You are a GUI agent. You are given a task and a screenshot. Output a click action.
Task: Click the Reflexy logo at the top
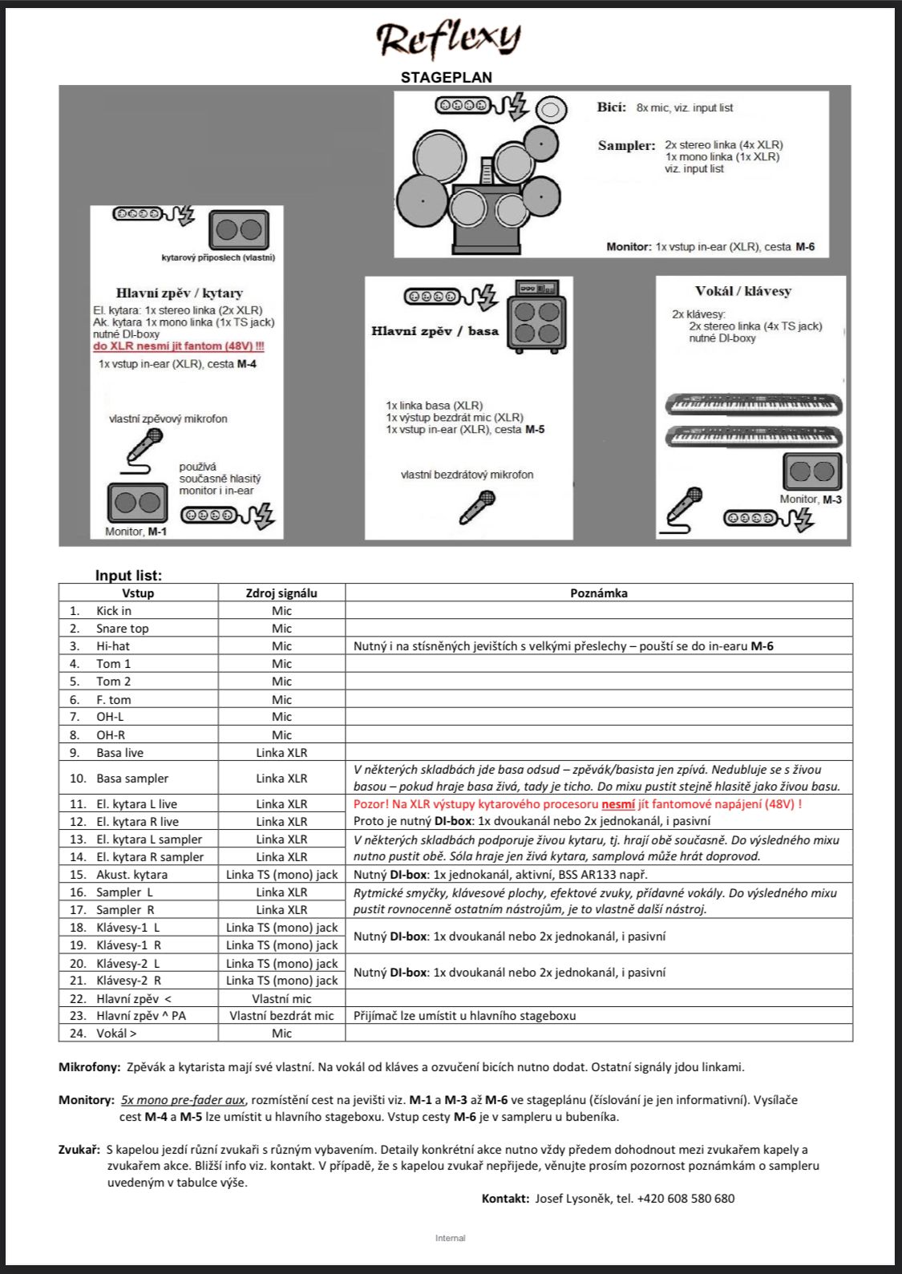pyautogui.click(x=448, y=38)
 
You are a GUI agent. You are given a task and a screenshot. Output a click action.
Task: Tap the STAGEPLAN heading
pyautogui.click(x=447, y=77)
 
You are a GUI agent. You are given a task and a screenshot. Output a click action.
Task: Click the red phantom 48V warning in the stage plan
pyautogui.click(x=178, y=346)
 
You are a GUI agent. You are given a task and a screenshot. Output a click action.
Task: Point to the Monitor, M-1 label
pyautogui.click(x=136, y=532)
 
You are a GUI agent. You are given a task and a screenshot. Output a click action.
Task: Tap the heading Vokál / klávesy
pyautogui.click(x=742, y=291)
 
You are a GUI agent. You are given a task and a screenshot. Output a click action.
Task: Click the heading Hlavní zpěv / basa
pyautogui.click(x=435, y=330)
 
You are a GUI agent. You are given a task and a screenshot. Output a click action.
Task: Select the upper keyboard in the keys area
pyautogui.click(x=754, y=404)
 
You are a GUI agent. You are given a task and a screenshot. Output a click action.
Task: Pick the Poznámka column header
pyautogui.click(x=598, y=593)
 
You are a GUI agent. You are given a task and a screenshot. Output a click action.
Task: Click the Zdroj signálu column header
pyautogui.click(x=281, y=593)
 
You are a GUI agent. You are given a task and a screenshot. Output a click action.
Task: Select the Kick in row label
pyautogui.click(x=113, y=611)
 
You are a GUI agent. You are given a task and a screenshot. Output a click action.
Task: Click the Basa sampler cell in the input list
pyautogui.click(x=132, y=779)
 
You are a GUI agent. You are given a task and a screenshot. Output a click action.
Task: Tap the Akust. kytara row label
pyautogui.click(x=131, y=875)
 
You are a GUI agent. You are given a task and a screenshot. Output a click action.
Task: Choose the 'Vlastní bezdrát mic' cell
pyautogui.click(x=281, y=1016)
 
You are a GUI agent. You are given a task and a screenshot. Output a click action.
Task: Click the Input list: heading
pyautogui.click(x=128, y=576)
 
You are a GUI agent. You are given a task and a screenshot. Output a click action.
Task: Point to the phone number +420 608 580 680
pyautogui.click(x=686, y=1199)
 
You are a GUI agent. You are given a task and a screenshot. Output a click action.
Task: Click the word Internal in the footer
pyautogui.click(x=450, y=1238)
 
